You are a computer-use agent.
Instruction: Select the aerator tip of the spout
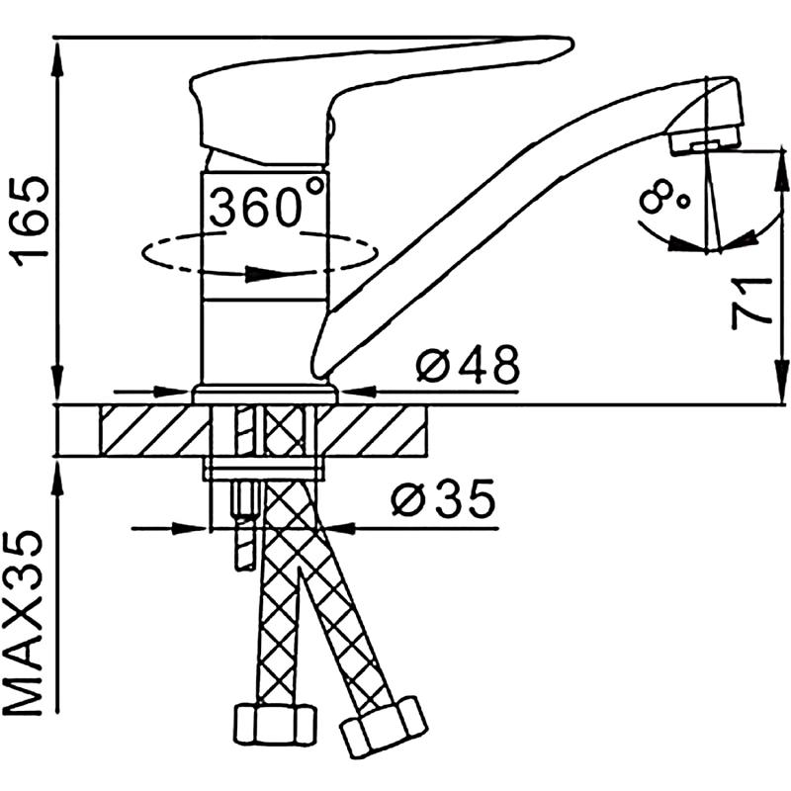(x=704, y=139)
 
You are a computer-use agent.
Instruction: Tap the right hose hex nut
(x=383, y=727)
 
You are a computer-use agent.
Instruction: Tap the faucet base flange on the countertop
(x=265, y=394)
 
